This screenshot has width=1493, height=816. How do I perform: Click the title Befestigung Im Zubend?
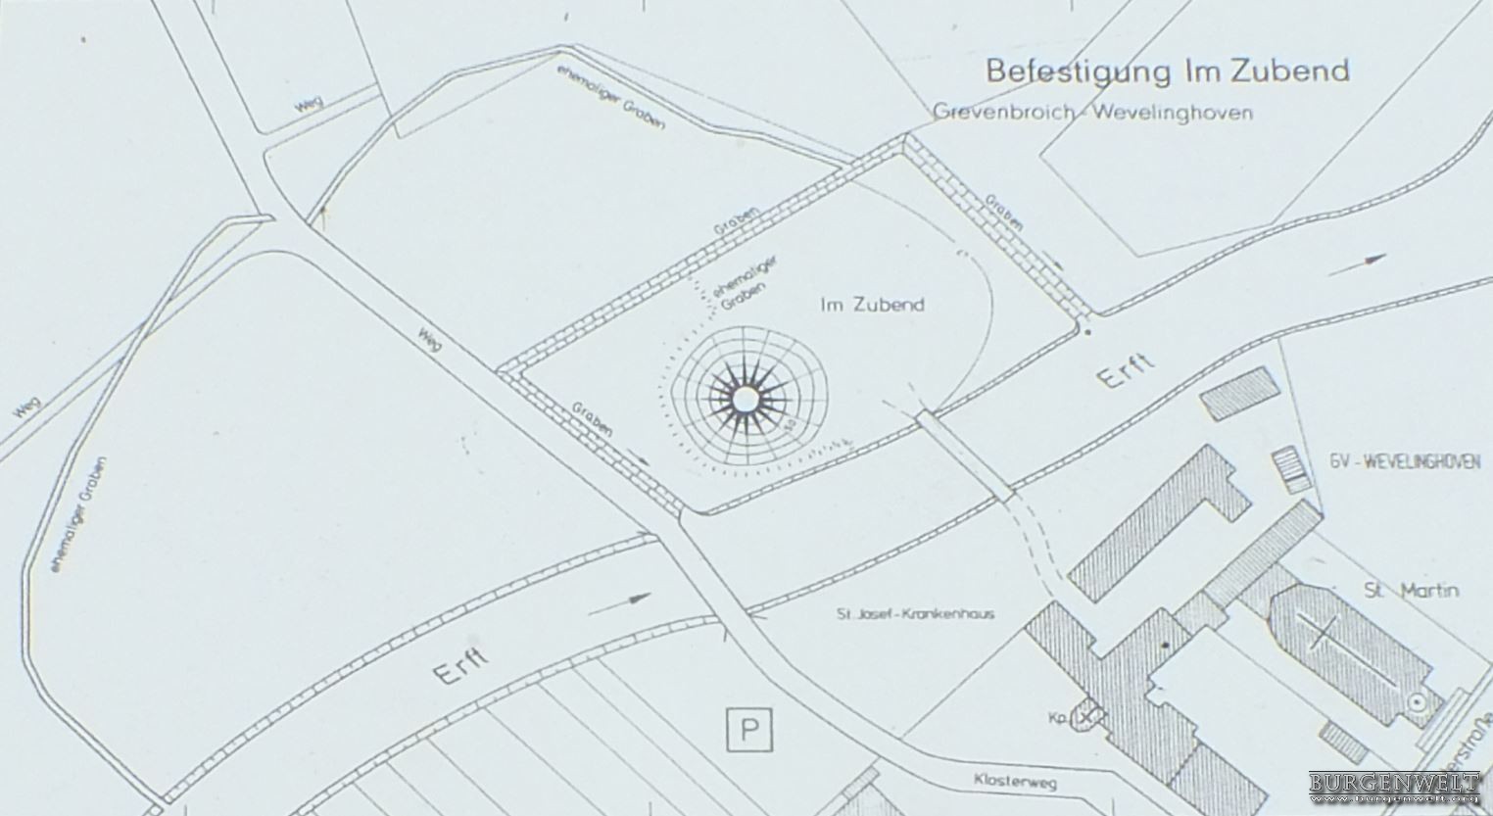pyautogui.click(x=1167, y=71)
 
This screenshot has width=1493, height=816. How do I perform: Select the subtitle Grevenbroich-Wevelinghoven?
pyautogui.click(x=1092, y=112)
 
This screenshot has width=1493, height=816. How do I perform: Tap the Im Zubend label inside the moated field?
pyautogui.click(x=872, y=305)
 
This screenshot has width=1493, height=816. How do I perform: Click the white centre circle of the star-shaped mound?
pyautogui.click(x=746, y=399)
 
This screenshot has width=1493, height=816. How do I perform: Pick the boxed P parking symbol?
pyautogui.click(x=749, y=730)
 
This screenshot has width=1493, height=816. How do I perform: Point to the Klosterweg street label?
pyautogui.click(x=1014, y=782)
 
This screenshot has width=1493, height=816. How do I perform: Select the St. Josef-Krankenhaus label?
pyautogui.click(x=915, y=614)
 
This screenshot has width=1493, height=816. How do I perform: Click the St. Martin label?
pyautogui.click(x=1412, y=590)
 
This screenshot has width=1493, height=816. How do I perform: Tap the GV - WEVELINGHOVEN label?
pyautogui.click(x=1406, y=461)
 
